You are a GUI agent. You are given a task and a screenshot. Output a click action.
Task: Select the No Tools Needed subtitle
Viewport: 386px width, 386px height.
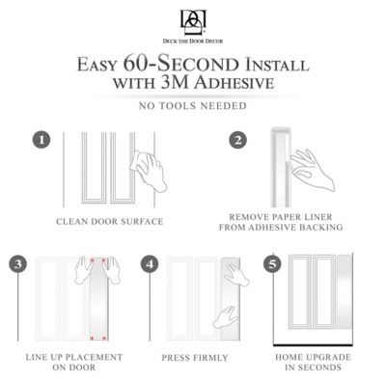[x=192, y=106]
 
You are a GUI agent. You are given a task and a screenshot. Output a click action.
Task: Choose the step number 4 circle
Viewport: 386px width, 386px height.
[x=148, y=263]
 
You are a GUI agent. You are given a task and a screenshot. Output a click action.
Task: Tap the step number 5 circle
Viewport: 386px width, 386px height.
[x=273, y=263]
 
